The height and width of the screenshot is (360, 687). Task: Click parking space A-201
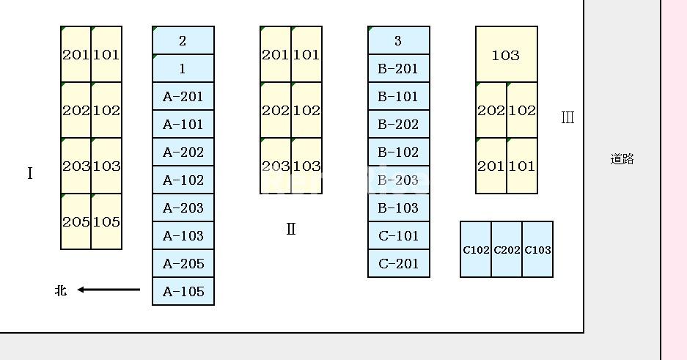point(183,96)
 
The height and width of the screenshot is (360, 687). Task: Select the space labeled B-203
point(399,180)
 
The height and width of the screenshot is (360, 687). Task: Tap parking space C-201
point(399,263)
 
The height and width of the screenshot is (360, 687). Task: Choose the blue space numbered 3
point(399,40)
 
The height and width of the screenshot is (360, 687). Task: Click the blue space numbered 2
point(183,40)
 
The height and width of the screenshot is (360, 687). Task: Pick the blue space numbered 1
point(183,68)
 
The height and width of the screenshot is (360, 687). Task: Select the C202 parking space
point(507,249)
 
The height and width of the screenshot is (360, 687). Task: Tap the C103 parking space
point(537,249)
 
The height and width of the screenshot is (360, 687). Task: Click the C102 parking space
point(476,249)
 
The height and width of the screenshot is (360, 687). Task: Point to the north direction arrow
point(109,290)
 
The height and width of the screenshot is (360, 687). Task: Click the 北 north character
point(61,290)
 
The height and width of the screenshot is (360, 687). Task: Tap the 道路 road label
point(622,159)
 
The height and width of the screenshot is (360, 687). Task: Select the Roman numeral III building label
point(567,117)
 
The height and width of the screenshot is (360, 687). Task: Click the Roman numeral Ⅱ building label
point(291,229)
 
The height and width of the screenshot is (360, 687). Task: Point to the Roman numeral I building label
point(30,174)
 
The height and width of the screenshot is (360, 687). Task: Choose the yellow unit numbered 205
point(76,221)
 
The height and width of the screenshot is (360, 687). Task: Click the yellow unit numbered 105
point(106,221)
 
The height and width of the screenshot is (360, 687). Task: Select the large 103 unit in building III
point(507,54)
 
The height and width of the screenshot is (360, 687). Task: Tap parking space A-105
point(183,291)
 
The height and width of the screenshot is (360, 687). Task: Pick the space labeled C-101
point(399,235)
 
